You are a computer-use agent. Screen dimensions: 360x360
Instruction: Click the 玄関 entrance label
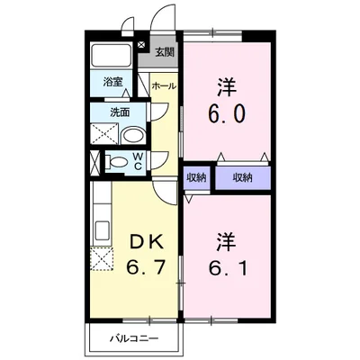click(165, 52)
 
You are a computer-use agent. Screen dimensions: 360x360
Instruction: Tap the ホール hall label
click(164, 86)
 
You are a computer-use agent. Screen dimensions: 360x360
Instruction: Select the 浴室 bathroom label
click(112, 81)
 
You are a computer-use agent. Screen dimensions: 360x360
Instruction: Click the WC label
click(138, 163)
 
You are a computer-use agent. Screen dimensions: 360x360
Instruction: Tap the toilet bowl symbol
click(116, 163)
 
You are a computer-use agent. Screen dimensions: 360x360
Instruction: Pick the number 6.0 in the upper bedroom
click(225, 115)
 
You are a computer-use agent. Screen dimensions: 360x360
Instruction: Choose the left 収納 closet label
click(196, 177)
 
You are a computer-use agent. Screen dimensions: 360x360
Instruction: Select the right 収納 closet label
click(243, 177)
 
